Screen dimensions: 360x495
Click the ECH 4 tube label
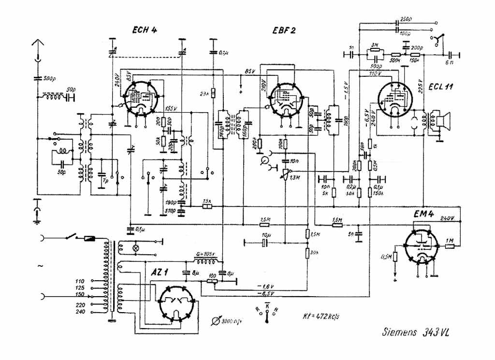145,30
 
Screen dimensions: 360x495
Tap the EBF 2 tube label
283,30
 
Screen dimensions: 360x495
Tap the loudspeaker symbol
443,122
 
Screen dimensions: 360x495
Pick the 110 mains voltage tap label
80,281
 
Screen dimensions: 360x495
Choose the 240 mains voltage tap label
80,312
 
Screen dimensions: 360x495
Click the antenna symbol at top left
37,48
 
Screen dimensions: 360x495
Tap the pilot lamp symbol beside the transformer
136,247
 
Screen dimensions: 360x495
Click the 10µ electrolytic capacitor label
264,235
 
